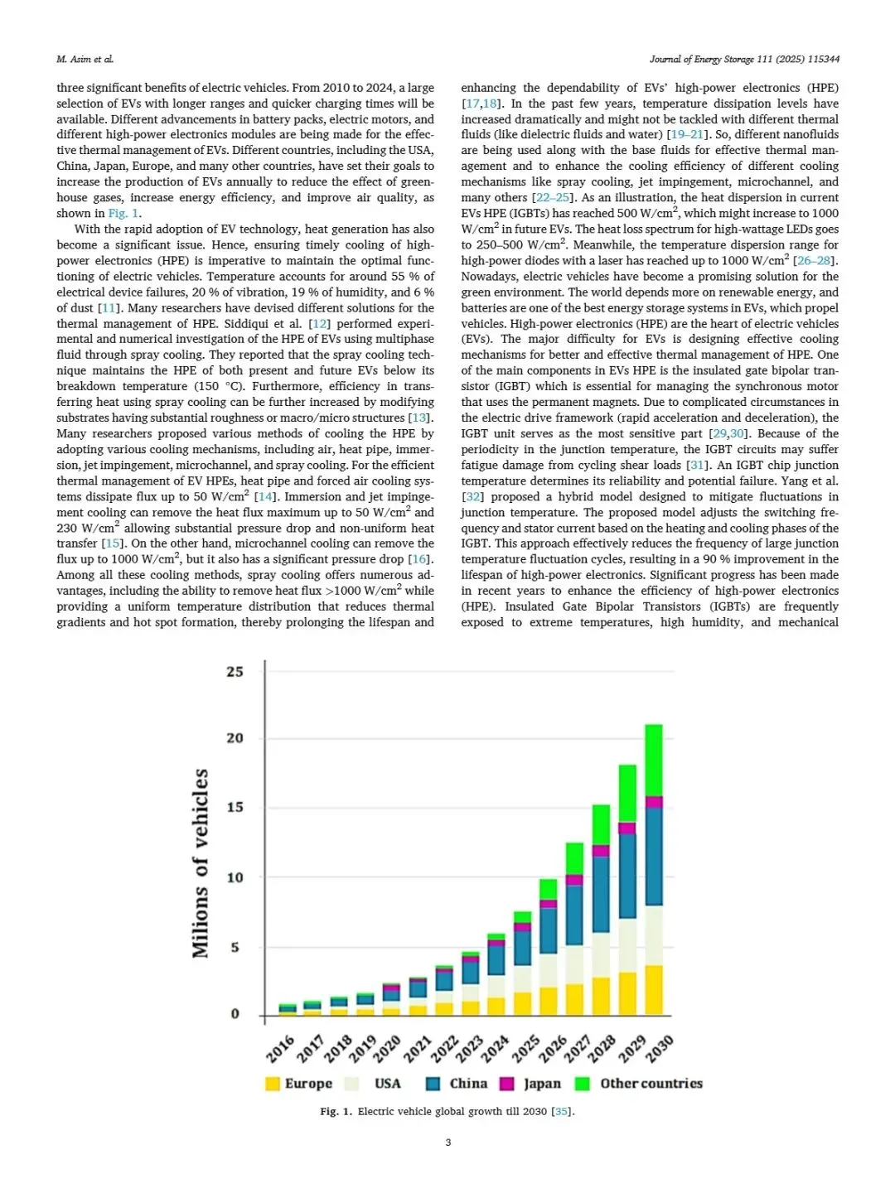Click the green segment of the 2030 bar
point(654,760)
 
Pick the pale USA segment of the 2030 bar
point(654,935)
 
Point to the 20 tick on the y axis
point(235,738)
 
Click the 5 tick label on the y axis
point(235,947)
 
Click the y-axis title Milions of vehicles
point(201,863)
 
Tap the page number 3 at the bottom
point(448,1142)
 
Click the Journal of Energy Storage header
point(744,59)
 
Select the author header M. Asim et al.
point(85,59)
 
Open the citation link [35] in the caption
point(562,1111)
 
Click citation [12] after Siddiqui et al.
point(319,324)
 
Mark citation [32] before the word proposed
point(472,497)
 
